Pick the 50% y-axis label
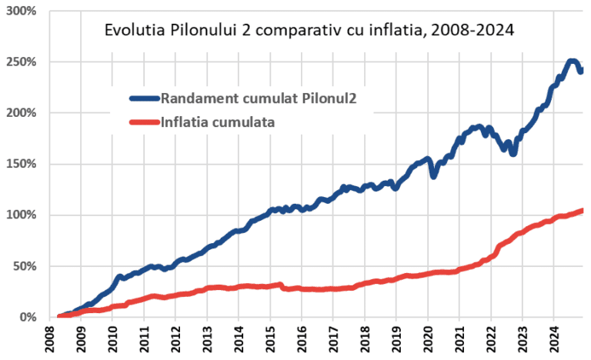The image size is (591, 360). pyautogui.click(x=25, y=266)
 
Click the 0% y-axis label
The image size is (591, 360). pyautogui.click(x=28, y=317)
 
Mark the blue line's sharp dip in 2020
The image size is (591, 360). pyautogui.click(x=434, y=176)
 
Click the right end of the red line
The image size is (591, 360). pyautogui.click(x=582, y=211)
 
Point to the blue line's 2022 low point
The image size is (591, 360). pyautogui.click(x=513, y=154)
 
